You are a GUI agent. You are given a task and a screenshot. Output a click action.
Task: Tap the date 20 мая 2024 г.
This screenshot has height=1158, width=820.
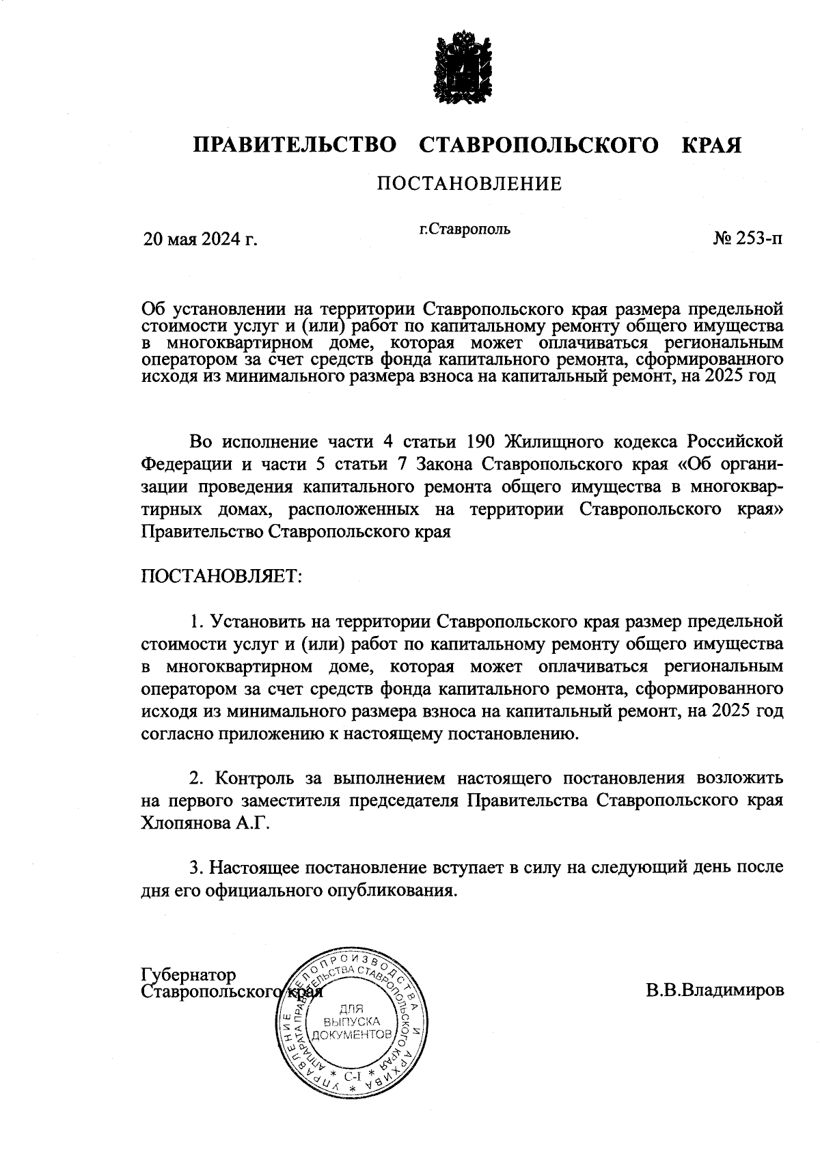point(200,240)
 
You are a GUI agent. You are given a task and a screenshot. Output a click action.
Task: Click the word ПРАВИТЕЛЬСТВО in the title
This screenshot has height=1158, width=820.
point(295,146)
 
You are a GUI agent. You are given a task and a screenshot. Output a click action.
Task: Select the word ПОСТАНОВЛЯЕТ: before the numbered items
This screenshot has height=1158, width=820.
point(221,575)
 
